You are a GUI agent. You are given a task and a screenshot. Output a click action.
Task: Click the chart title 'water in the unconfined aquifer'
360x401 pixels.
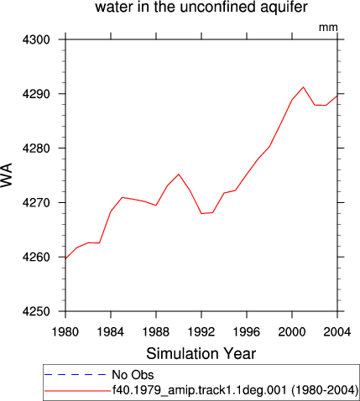click(x=201, y=8)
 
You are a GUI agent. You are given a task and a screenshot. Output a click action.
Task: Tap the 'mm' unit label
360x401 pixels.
click(x=328, y=28)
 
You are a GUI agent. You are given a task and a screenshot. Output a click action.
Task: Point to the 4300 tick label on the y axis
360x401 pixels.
click(x=36, y=39)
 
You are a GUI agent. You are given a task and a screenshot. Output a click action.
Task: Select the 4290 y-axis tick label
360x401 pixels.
click(x=36, y=94)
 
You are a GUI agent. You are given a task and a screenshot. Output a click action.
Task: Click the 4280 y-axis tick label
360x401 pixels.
click(x=36, y=148)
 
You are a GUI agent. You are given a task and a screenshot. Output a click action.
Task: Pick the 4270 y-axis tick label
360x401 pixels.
click(x=36, y=202)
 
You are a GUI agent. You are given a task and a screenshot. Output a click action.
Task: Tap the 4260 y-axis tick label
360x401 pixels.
click(x=36, y=257)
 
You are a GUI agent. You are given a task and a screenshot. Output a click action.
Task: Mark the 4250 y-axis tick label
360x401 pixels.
click(x=36, y=311)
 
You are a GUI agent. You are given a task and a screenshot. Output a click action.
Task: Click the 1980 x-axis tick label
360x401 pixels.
click(x=65, y=332)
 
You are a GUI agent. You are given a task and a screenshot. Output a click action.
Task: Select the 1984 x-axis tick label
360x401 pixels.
click(x=111, y=332)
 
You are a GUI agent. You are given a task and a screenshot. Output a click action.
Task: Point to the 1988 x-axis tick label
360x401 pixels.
click(x=156, y=332)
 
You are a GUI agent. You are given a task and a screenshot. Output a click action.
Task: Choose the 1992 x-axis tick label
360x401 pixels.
click(x=201, y=332)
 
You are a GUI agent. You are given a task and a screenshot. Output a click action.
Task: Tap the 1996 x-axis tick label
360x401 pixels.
click(x=247, y=332)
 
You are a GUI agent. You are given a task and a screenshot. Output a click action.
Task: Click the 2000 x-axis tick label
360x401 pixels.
click(x=292, y=332)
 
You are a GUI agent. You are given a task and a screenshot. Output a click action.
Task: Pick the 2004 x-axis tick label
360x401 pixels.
click(x=337, y=332)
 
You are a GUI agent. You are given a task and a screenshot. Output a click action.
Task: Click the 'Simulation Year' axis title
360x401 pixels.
click(x=201, y=354)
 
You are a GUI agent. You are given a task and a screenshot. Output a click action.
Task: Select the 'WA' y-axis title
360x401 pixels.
click(x=7, y=174)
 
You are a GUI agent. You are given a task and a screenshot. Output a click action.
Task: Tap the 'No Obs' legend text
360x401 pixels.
click(x=133, y=375)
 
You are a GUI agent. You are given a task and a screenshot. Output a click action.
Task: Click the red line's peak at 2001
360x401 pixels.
click(x=303, y=87)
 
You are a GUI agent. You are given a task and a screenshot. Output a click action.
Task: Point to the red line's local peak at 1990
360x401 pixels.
click(x=179, y=174)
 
